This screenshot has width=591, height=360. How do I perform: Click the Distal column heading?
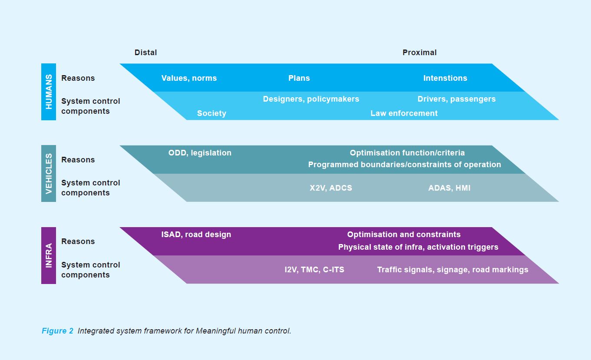tap(145, 53)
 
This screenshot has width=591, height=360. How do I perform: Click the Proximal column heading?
tap(419, 53)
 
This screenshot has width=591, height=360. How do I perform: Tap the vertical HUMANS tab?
tap(49, 92)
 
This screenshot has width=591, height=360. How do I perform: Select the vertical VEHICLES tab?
tap(49, 173)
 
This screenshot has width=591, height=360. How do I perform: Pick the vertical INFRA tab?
tap(49, 255)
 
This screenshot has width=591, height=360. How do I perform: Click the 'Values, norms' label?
tap(189, 78)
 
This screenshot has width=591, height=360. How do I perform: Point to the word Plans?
tap(299, 78)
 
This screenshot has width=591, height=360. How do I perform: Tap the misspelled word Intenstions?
tap(445, 78)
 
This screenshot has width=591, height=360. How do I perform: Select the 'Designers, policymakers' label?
tap(311, 99)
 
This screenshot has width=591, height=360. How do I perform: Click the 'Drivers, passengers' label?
tap(456, 99)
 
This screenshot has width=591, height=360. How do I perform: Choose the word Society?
tap(211, 113)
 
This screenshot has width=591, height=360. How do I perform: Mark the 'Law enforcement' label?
tap(404, 113)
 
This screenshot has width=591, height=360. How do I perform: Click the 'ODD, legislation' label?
tap(200, 153)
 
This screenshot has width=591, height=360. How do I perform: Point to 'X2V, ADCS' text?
tap(331, 188)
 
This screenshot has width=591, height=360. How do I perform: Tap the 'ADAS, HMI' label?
tap(449, 188)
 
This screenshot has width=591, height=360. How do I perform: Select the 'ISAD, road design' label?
tap(196, 234)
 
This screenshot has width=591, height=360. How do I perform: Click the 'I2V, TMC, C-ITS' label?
tap(314, 270)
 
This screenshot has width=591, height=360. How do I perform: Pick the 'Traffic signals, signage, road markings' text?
tap(452, 270)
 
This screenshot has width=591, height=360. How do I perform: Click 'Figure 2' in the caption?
tap(57, 331)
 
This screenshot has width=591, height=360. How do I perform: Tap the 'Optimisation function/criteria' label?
tap(407, 153)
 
